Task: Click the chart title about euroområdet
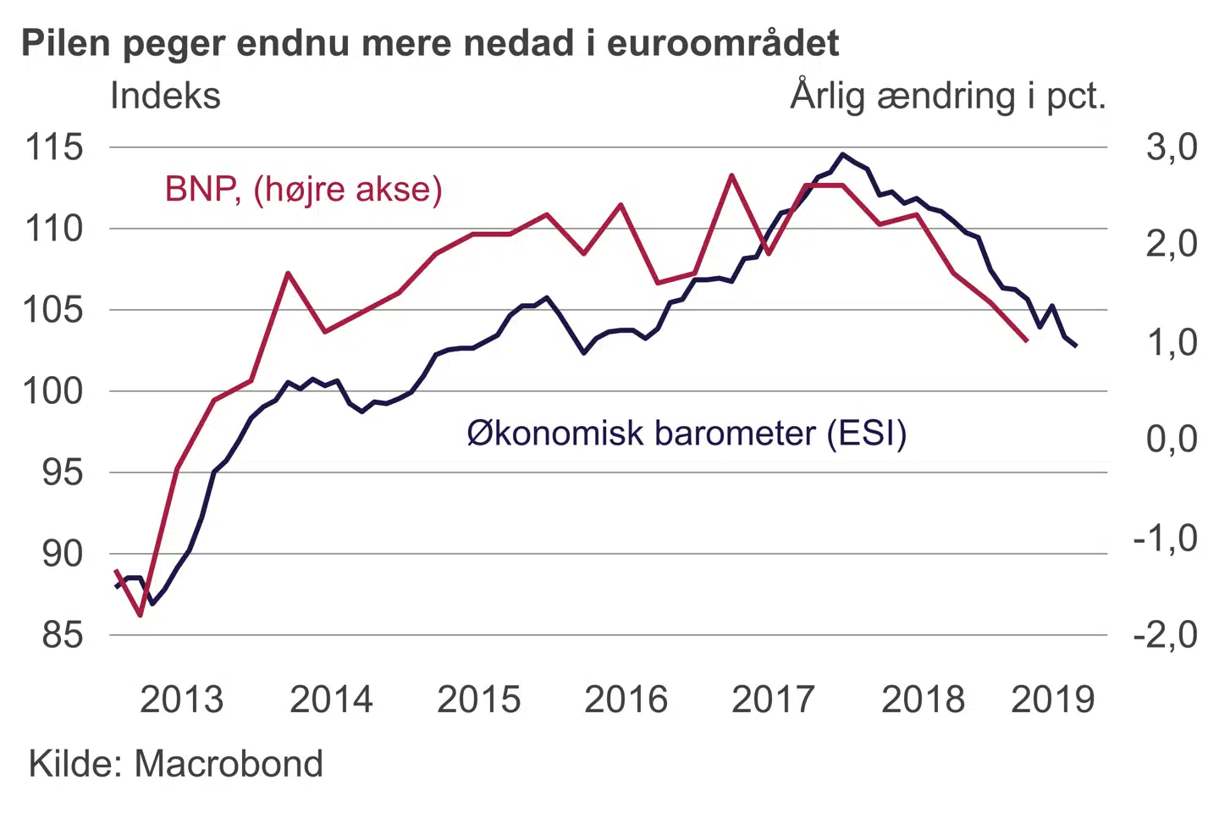[x=430, y=43]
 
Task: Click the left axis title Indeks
[x=165, y=96]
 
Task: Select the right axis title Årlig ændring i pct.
[x=948, y=96]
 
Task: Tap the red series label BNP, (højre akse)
[x=303, y=189]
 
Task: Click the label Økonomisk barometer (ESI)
[x=687, y=433]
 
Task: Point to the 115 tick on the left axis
[x=55, y=147]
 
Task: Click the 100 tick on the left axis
[x=55, y=391]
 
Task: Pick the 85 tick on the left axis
[x=63, y=635]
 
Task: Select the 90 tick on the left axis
[x=63, y=554]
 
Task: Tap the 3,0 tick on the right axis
[x=1172, y=147]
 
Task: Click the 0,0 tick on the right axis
[x=1172, y=439]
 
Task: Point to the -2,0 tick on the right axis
[x=1166, y=635]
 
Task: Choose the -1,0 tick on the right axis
[x=1166, y=538]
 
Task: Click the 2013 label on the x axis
[x=181, y=700]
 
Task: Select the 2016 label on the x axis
[x=626, y=700]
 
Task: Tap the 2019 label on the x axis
[x=1053, y=700]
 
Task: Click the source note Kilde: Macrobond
[x=176, y=764]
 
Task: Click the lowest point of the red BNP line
[x=141, y=615]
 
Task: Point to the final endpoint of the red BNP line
[x=1027, y=340]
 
